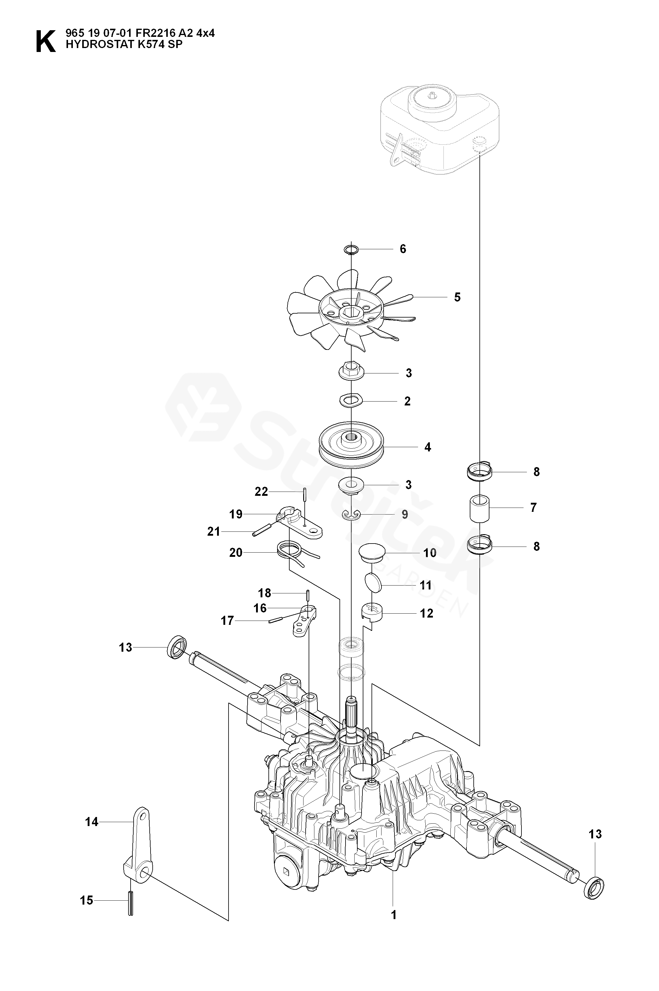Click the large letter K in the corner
tap(45, 41)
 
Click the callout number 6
tap(403, 249)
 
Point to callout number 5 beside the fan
tap(457, 297)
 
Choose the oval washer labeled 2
tap(351, 400)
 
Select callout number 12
tap(426, 613)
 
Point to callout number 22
tap(261, 492)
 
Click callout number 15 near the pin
tap(86, 900)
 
